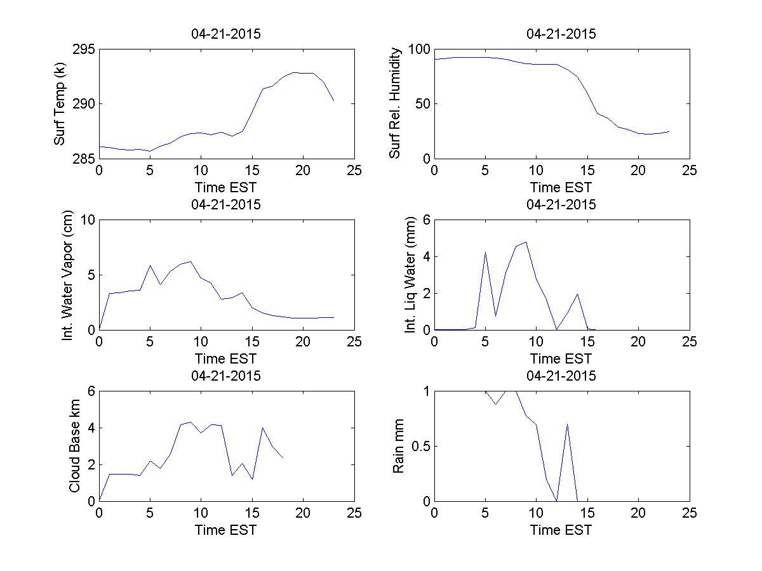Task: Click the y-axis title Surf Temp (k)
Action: tap(60, 104)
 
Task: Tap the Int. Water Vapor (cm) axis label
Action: tap(68, 275)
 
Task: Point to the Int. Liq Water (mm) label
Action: tap(410, 275)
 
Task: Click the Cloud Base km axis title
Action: tap(74, 445)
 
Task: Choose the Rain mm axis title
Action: tap(398, 446)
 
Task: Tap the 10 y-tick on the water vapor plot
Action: tap(86, 220)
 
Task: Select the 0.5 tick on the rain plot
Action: tap(418, 446)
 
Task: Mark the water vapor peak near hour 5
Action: tap(150, 266)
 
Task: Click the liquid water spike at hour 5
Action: tap(485, 252)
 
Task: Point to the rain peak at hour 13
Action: tap(567, 424)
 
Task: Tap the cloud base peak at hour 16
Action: tap(262, 428)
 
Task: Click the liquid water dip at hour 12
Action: tap(557, 329)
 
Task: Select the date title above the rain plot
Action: tap(561, 376)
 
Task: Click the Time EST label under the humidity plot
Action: tap(561, 187)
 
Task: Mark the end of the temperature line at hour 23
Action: tap(333, 100)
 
